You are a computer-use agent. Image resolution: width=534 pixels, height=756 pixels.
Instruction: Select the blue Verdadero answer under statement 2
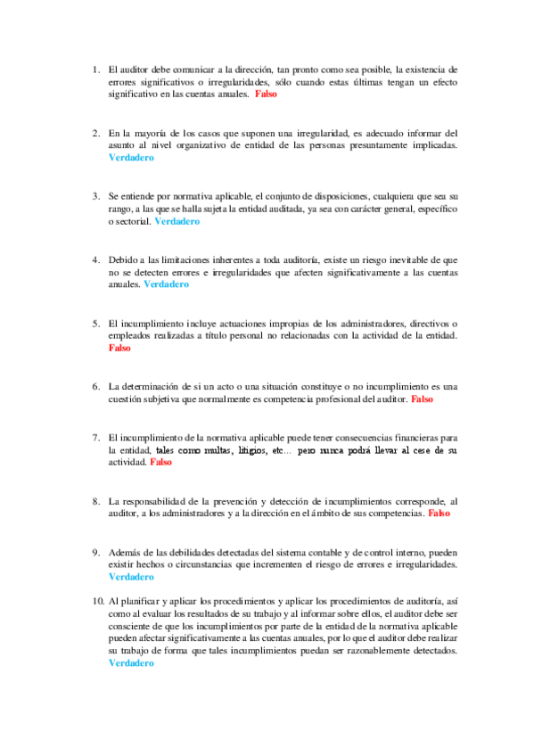pos(130,157)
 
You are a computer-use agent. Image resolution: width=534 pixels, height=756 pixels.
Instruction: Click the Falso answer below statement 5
pos(119,349)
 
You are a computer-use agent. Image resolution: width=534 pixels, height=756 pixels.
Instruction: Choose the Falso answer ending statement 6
pos(422,399)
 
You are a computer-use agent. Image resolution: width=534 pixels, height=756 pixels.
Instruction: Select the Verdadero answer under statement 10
pos(130,663)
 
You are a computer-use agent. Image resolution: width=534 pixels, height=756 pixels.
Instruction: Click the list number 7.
pos(95,438)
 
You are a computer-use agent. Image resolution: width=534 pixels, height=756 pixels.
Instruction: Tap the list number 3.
pos(95,194)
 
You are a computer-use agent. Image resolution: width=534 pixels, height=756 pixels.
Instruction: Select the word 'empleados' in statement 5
pos(131,336)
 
